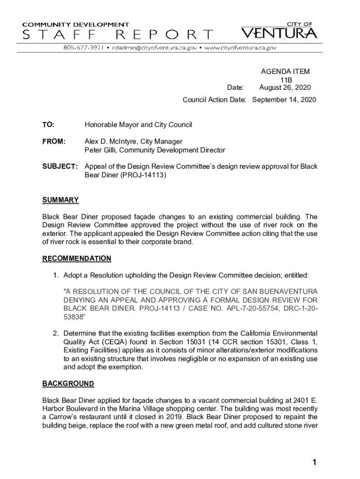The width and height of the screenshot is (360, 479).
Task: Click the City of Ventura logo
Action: click(280, 31)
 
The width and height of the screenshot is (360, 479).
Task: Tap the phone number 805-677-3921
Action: click(84, 48)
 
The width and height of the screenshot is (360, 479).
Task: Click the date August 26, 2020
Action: click(285, 88)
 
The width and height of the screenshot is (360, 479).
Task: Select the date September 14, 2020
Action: click(284, 100)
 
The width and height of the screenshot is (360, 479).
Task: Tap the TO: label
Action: click(48, 125)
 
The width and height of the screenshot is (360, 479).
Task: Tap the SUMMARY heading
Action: click(60, 200)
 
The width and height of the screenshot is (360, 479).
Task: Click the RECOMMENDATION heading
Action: click(77, 259)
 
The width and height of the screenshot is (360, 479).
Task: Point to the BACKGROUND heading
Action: click(68, 384)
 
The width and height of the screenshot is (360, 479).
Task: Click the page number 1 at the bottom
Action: click(315, 463)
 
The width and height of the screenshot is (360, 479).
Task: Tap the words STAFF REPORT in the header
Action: click(117, 34)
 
